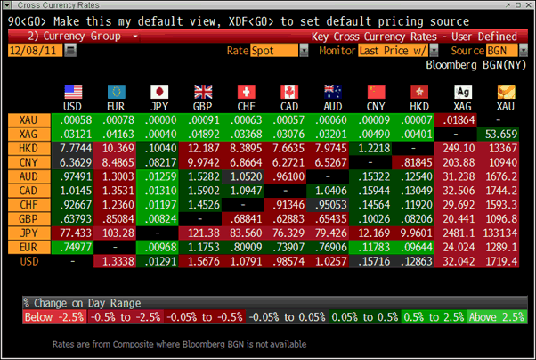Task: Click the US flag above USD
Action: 73,91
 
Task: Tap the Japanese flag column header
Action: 159,91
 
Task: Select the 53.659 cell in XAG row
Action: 505,132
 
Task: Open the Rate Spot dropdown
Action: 273,51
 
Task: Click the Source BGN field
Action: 505,51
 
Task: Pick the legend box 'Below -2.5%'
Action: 53,316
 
